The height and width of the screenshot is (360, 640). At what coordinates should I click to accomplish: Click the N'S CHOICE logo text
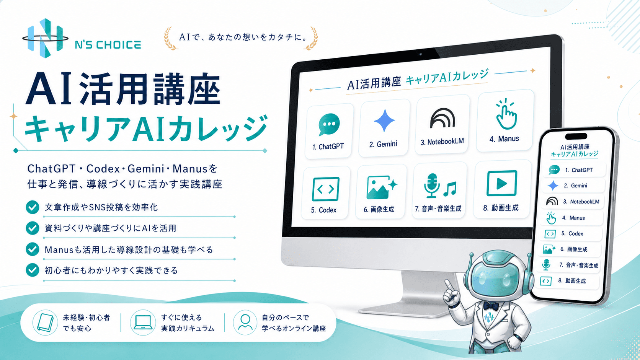(x=108, y=45)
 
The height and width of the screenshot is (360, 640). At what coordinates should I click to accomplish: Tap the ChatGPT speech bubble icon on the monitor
(x=329, y=124)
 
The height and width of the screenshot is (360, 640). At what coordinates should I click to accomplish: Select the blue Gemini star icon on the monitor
(x=385, y=121)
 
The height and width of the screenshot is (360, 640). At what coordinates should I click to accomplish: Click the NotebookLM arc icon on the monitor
(x=442, y=118)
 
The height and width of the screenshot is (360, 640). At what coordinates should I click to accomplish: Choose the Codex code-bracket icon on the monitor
(x=326, y=189)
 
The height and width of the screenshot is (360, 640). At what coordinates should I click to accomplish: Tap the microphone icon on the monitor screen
(x=432, y=186)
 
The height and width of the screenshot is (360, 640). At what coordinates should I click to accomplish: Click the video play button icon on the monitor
(x=502, y=183)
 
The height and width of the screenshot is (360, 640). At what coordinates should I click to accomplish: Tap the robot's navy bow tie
(x=491, y=306)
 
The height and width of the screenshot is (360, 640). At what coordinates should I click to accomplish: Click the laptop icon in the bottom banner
(x=143, y=323)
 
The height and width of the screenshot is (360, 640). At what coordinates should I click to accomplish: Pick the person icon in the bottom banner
(x=245, y=323)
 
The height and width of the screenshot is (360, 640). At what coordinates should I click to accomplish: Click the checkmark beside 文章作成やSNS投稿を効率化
(x=33, y=207)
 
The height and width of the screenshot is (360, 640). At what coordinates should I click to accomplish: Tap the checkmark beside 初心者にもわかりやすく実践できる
(x=33, y=270)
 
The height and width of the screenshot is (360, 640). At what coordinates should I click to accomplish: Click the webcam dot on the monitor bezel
(x=421, y=54)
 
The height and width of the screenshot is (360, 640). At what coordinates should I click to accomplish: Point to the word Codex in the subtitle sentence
(x=103, y=169)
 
